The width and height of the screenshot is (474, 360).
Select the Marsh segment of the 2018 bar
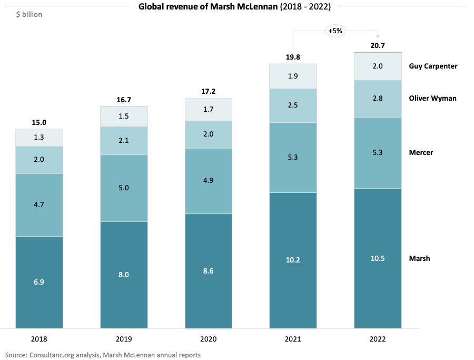pyautogui.click(x=39, y=282)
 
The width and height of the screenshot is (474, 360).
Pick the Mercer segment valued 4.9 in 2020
pyautogui.click(x=209, y=181)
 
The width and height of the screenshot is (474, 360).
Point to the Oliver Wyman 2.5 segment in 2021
pyautogui.click(x=293, y=105)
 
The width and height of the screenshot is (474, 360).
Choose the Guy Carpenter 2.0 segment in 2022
pyautogui.click(x=377, y=66)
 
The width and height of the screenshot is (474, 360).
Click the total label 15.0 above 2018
pyautogui.click(x=39, y=122)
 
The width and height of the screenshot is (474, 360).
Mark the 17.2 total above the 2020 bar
pyautogui.click(x=209, y=91)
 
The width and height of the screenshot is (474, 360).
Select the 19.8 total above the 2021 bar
pyautogui.click(x=293, y=57)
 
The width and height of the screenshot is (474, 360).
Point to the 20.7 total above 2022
pyautogui.click(x=378, y=45)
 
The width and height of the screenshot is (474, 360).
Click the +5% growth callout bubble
pyautogui.click(x=335, y=31)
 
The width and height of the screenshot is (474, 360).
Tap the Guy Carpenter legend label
pyautogui.click(x=433, y=66)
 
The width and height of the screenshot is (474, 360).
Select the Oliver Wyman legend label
pyautogui.click(x=432, y=98)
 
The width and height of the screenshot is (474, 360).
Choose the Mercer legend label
pyautogui.click(x=421, y=152)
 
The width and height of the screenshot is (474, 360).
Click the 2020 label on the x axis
pyautogui.click(x=209, y=339)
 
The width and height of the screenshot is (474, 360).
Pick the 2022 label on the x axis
pyautogui.click(x=378, y=339)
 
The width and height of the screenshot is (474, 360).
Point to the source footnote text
pyautogui.click(x=103, y=355)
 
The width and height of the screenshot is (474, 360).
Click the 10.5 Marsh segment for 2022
pyautogui.click(x=377, y=258)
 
